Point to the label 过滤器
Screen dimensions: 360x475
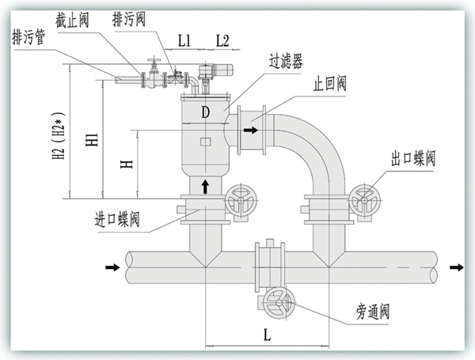(x=283, y=60)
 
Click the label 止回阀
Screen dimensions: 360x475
(x=329, y=83)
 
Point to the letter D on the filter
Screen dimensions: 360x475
(x=205, y=112)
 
